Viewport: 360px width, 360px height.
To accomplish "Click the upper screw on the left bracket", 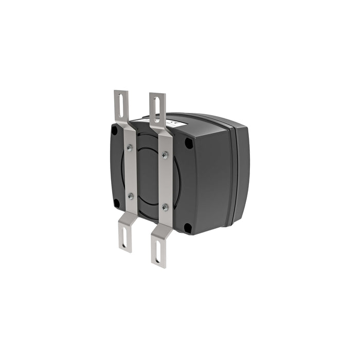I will pyautogui.click(x=129, y=148).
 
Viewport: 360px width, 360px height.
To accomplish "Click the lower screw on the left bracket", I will pyautogui.click(x=130, y=196).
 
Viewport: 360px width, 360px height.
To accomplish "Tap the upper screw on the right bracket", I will pyautogui.click(x=165, y=154).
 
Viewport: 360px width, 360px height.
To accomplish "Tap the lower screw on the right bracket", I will pyautogui.click(x=165, y=207).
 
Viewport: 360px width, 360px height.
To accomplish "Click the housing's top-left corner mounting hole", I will pyautogui.click(x=114, y=131).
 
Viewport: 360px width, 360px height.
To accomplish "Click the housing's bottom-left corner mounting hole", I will pyautogui.click(x=117, y=203).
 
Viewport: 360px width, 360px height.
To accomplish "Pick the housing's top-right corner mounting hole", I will pyautogui.click(x=188, y=143).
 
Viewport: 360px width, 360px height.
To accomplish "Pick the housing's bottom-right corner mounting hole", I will pyautogui.click(x=188, y=227).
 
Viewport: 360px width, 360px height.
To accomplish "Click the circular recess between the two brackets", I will pyautogui.click(x=148, y=175).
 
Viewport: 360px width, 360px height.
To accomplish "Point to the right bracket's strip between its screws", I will pyautogui.click(x=165, y=180).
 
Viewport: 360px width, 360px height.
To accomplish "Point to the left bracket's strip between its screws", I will pyautogui.click(x=130, y=172).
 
